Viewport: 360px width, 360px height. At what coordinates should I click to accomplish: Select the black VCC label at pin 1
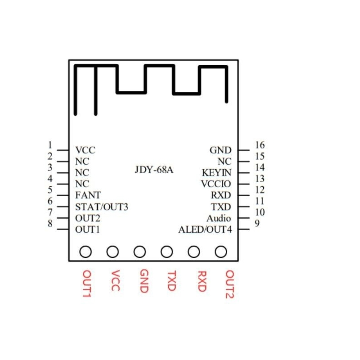pyautogui.click(x=85, y=150)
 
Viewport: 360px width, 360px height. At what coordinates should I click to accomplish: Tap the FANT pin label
pyautogui.click(x=88, y=195)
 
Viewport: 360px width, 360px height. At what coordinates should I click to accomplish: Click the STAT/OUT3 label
pyautogui.click(x=102, y=207)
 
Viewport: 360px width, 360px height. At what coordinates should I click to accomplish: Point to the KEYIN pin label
pyautogui.click(x=216, y=173)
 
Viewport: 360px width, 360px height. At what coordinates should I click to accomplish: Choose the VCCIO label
pyautogui.click(x=216, y=184)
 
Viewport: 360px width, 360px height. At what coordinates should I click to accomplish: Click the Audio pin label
pyautogui.click(x=219, y=218)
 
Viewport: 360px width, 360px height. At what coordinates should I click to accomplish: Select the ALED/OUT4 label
pyautogui.click(x=205, y=230)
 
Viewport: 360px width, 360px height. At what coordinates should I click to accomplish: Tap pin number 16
pyautogui.click(x=259, y=145)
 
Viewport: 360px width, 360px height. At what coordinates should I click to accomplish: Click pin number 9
pyautogui.click(x=256, y=224)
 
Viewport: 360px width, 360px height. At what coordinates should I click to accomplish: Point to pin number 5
pyautogui.click(x=50, y=190)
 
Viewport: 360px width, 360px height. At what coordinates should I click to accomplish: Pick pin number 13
pyautogui.click(x=259, y=179)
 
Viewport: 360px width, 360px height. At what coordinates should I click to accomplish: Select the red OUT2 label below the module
pyautogui.click(x=229, y=284)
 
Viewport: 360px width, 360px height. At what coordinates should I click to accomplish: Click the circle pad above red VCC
pyautogui.click(x=112, y=252)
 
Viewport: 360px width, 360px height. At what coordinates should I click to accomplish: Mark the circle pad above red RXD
pyautogui.click(x=194, y=252)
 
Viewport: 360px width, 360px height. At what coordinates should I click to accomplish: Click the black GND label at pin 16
pyautogui.click(x=220, y=150)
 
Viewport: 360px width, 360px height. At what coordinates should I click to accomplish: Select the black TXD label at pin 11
pyautogui.click(x=221, y=207)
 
